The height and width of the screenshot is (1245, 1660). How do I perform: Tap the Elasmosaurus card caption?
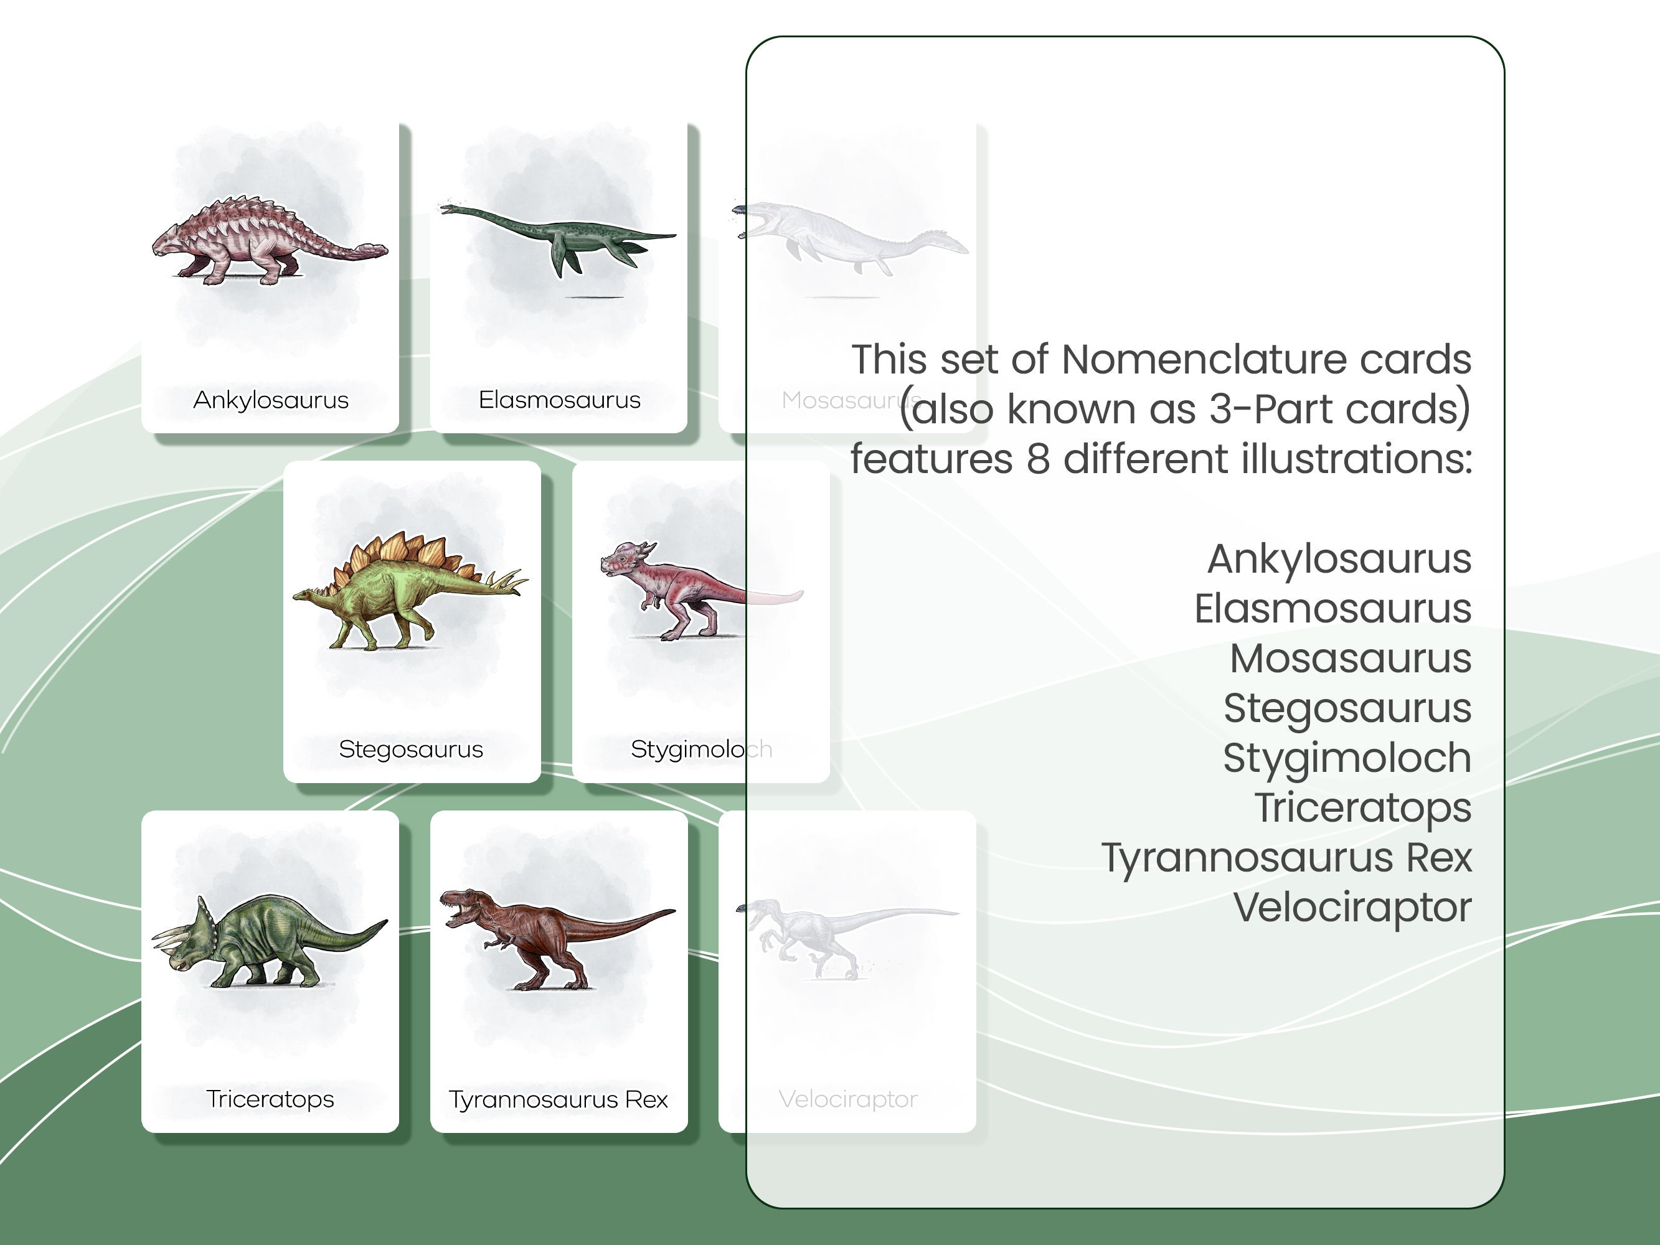[559, 400]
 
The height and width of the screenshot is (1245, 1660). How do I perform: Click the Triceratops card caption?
[270, 1099]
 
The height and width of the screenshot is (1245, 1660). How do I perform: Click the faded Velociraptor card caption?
[848, 1099]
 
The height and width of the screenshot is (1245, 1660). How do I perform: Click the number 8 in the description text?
[1037, 459]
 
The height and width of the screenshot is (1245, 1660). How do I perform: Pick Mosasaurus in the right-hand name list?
[1350, 658]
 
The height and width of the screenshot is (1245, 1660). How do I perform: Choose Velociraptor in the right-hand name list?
[1352, 908]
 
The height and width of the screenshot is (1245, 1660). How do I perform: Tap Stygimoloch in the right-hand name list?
[1347, 758]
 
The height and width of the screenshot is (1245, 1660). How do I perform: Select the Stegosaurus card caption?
[410, 749]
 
